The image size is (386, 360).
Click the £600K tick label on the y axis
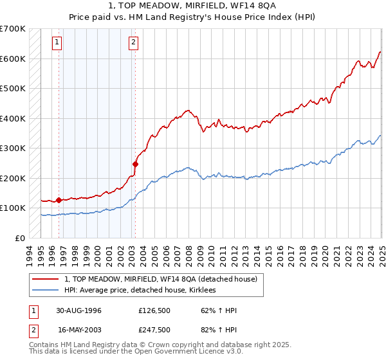pos(13,59)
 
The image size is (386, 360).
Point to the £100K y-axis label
pos(13,208)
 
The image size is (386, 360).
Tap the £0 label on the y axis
pos(21,238)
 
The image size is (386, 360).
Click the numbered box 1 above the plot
pos(57,43)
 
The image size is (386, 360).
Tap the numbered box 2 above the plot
pos(133,43)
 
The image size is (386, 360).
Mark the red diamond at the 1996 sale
pos(59,200)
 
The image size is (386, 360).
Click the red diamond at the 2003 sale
pos(136,164)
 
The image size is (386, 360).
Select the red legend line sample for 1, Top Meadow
pos(46,279)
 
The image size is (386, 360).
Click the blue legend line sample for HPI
pos(46,291)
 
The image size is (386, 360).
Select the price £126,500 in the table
pos(154,311)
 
